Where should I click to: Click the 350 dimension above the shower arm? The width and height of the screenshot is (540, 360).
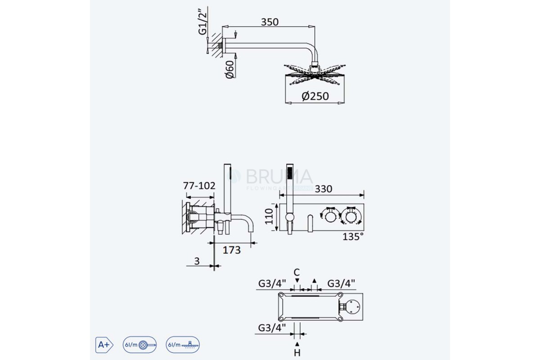[x=270, y=22]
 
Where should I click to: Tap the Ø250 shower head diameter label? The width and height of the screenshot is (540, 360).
[x=315, y=96]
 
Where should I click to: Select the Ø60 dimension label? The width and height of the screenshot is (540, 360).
[x=229, y=69]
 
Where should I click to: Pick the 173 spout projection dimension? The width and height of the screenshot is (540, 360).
[x=232, y=250]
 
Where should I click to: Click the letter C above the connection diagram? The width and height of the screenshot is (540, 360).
[x=297, y=272]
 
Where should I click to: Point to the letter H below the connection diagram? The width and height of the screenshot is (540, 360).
[x=297, y=352]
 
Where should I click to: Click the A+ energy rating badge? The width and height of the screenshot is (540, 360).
[x=103, y=345]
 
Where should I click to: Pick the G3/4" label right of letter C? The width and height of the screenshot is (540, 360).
[x=341, y=283]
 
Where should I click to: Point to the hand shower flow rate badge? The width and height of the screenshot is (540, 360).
[x=139, y=345]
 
